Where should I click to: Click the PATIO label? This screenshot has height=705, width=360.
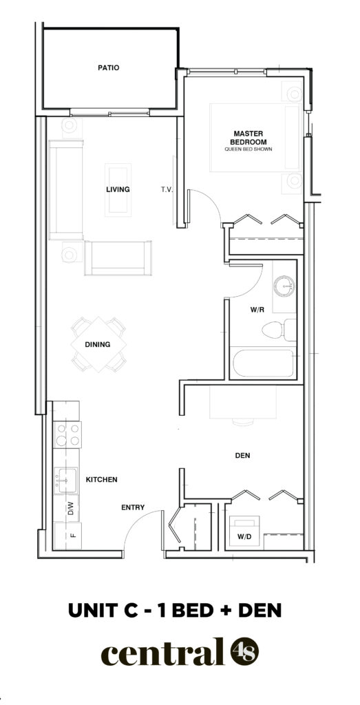click(x=108, y=68)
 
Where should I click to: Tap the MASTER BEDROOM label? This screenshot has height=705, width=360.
click(x=248, y=137)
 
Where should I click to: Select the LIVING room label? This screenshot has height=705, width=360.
click(x=118, y=189)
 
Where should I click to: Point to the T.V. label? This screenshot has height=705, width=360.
click(x=167, y=190)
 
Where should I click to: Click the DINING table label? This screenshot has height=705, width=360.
click(x=98, y=345)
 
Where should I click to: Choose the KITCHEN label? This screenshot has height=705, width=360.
click(x=102, y=480)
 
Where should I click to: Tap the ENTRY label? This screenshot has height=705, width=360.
click(x=133, y=507)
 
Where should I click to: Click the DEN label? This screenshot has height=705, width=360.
click(x=243, y=456)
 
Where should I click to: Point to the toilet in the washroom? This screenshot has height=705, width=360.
click(x=279, y=330)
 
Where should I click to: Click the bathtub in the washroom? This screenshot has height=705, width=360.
click(x=264, y=364)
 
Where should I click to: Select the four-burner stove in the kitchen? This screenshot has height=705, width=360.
click(x=68, y=435)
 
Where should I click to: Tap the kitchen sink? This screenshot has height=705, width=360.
click(x=66, y=480)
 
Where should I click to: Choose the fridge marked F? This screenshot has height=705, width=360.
click(x=68, y=536)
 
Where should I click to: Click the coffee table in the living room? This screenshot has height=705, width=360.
click(x=118, y=190)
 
